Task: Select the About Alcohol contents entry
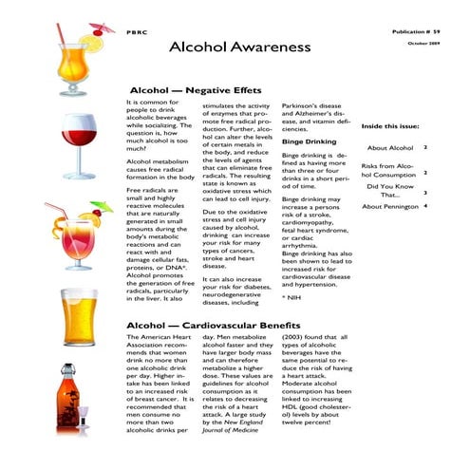point(389,148)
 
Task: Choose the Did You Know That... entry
point(389,192)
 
